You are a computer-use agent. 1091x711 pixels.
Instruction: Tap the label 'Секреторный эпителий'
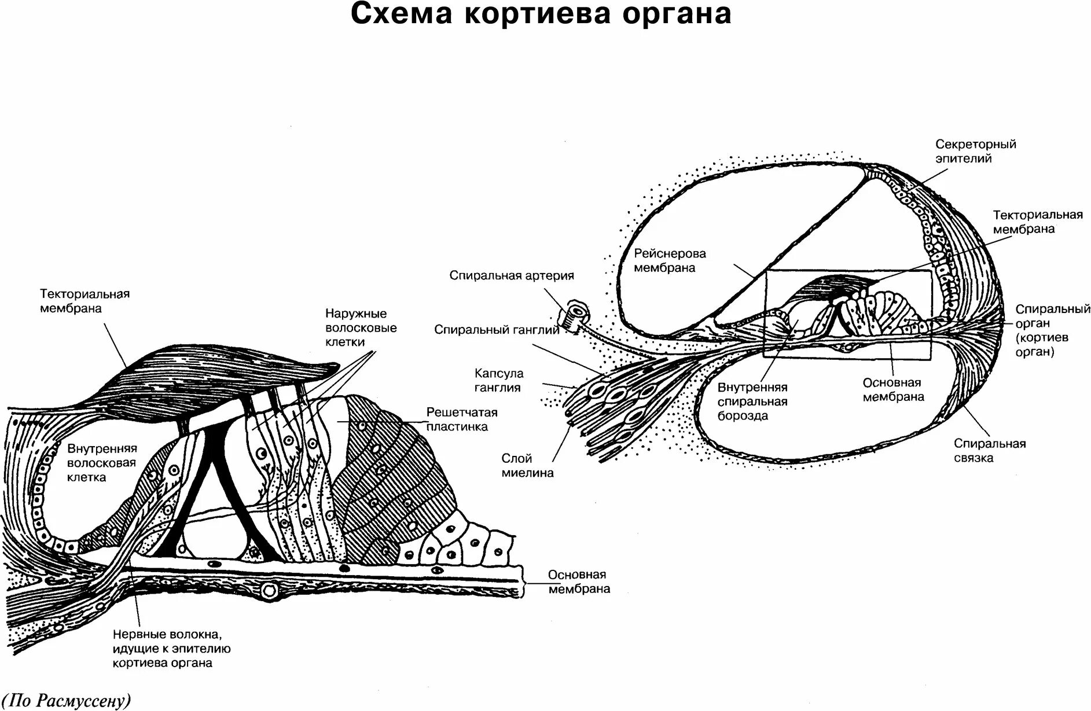975,151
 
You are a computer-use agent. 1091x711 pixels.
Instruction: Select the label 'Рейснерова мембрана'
670,261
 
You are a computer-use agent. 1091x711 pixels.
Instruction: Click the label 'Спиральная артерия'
512,276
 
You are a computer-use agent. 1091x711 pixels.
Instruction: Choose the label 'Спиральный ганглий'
497,330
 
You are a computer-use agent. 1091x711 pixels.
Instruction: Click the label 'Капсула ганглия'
499,380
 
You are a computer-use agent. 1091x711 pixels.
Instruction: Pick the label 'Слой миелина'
527,466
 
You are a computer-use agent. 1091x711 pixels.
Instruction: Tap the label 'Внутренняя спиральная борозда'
752,401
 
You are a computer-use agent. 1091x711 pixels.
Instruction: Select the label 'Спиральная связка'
990,451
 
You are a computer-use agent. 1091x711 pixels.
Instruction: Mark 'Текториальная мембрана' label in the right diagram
1037,222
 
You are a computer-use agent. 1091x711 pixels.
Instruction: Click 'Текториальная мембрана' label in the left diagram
85,301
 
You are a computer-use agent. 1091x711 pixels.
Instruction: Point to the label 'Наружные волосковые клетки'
361,327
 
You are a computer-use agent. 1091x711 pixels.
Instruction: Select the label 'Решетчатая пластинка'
462,419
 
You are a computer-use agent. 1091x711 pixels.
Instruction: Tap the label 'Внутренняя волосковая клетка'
102,463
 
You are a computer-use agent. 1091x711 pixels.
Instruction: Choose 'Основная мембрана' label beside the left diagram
578,582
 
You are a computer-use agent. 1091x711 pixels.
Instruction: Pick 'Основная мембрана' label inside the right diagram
893,390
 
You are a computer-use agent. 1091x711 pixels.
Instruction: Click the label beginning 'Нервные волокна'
172,649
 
